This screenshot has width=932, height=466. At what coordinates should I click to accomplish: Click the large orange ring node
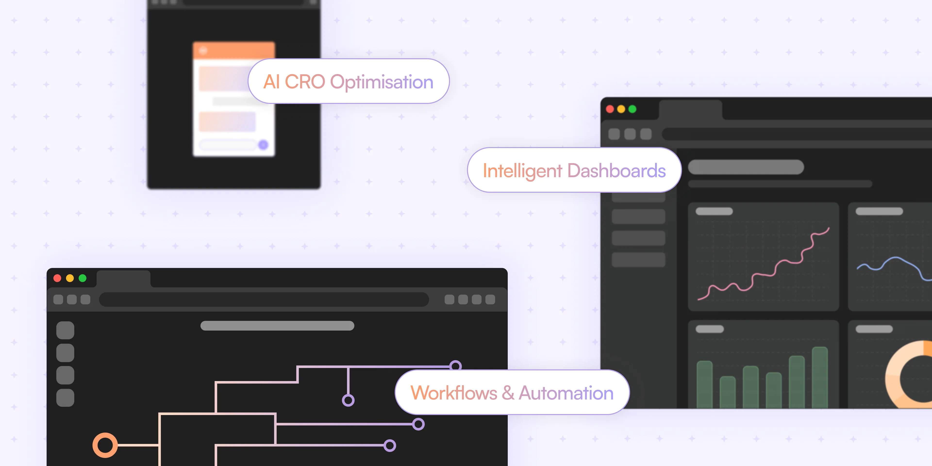(105, 445)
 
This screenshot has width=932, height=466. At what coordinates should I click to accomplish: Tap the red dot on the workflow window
(57, 278)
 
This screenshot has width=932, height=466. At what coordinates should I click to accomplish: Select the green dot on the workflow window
(83, 278)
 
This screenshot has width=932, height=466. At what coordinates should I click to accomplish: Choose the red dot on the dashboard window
(610, 109)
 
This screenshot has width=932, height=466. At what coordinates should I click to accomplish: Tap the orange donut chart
(897, 376)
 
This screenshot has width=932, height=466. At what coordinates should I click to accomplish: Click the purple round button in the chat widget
(263, 145)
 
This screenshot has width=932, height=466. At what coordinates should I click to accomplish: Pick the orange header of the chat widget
(234, 50)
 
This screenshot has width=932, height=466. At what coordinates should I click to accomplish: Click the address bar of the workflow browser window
(264, 300)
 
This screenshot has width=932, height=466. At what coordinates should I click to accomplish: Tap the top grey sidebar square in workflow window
(65, 330)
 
